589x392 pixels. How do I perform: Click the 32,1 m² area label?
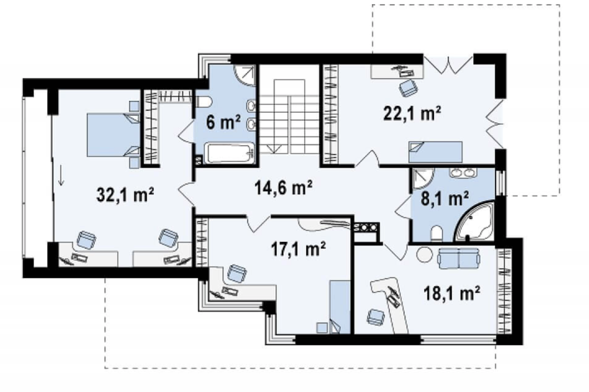(x=125, y=195)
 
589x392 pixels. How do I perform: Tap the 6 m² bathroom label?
(x=223, y=123)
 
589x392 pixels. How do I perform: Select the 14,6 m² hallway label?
(x=283, y=188)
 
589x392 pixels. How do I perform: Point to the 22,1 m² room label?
(x=412, y=113)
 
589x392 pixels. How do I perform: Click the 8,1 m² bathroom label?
(x=445, y=199)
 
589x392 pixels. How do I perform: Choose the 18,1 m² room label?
(x=452, y=293)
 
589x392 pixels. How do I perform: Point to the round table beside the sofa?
(x=425, y=254)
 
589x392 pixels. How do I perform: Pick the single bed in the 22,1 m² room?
(x=435, y=152)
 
